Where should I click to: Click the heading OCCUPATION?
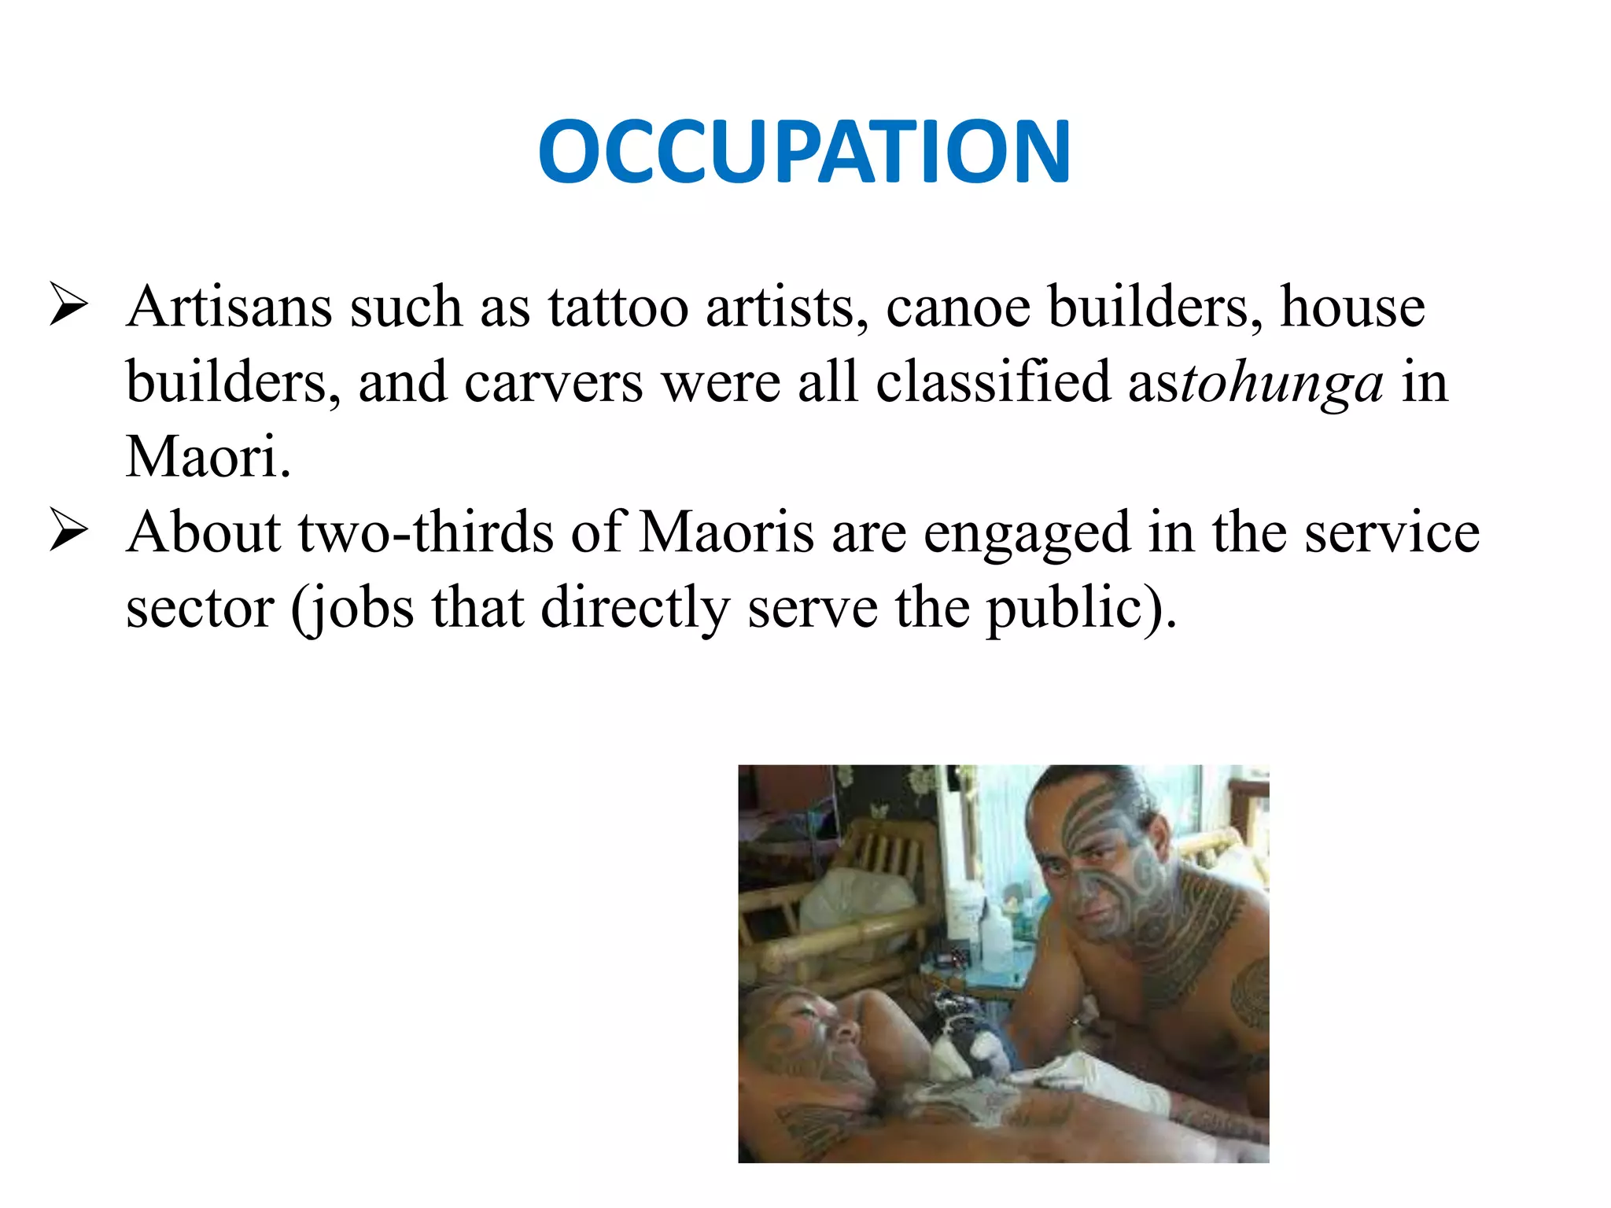[x=804, y=151]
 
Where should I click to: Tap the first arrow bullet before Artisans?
[x=68, y=306]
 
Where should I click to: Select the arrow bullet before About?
[x=68, y=531]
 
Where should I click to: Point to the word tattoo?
[x=618, y=306]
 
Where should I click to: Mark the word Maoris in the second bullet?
[x=726, y=532]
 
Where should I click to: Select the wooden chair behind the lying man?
[x=850, y=897]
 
